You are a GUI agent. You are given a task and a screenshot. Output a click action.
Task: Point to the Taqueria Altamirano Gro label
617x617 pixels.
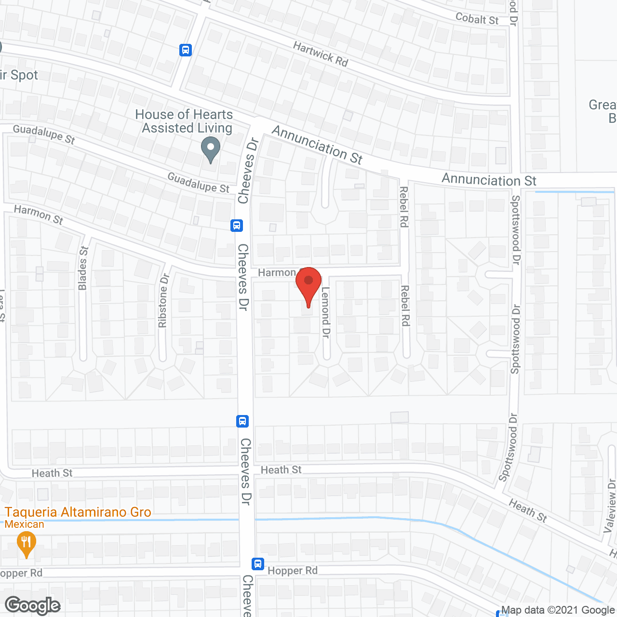(78, 512)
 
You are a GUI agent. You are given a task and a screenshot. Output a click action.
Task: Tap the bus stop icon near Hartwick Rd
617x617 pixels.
(186, 50)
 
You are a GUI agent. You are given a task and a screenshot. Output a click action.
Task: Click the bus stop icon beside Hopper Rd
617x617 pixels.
(258, 563)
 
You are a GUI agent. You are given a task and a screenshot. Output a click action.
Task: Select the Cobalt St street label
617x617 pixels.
(477, 19)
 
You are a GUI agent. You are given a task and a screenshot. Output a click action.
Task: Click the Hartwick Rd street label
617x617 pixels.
(321, 54)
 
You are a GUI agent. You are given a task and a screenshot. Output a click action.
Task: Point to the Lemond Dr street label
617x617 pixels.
(326, 312)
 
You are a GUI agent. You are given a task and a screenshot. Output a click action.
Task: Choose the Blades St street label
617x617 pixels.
(83, 268)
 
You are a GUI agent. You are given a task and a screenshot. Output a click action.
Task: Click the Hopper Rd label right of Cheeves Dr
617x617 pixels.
(293, 571)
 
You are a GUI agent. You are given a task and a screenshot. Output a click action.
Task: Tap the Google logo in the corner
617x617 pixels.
(33, 605)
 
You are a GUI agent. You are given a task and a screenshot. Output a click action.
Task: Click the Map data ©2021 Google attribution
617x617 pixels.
(558, 610)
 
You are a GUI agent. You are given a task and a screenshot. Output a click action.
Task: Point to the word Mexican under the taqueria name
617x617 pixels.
(25, 524)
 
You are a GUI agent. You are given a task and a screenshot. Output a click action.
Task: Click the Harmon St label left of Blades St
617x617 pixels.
(39, 215)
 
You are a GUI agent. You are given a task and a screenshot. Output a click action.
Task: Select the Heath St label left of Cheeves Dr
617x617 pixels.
(52, 473)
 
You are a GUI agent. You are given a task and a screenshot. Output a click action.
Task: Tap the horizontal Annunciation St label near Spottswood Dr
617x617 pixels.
(489, 180)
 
